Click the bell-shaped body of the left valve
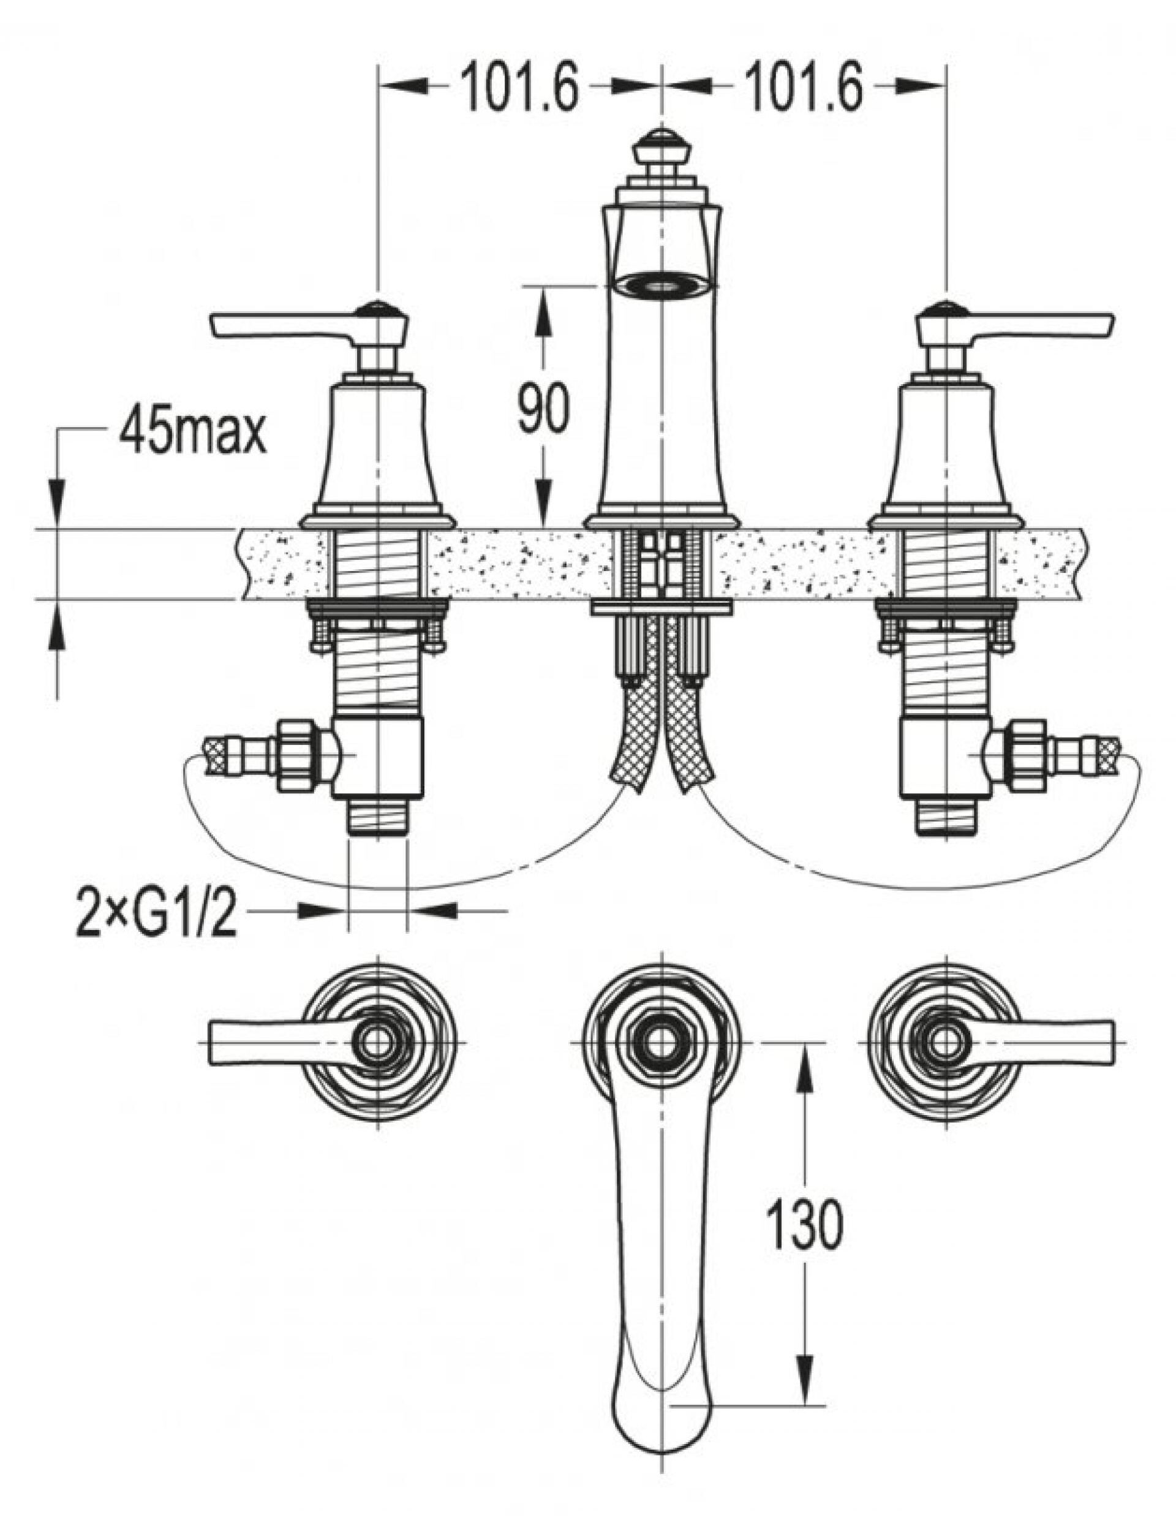(378, 448)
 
